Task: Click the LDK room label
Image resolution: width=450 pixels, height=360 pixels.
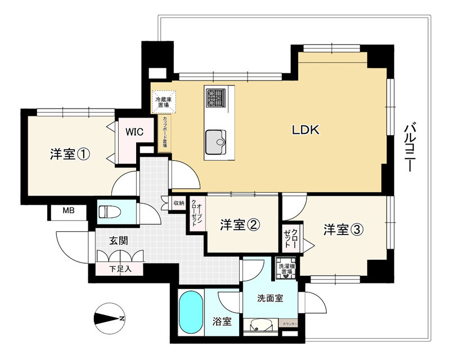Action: click(x=305, y=130)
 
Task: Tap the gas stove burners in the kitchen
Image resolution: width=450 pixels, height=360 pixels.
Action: click(x=215, y=98)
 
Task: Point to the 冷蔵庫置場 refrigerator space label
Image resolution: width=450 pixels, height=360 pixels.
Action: click(x=164, y=102)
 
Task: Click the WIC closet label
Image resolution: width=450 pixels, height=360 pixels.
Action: click(x=134, y=132)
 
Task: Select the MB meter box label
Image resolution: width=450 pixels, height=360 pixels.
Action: click(x=67, y=211)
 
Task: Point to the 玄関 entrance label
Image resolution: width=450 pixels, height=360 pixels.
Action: click(x=118, y=241)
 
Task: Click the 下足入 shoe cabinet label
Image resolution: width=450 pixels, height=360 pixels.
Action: click(x=120, y=269)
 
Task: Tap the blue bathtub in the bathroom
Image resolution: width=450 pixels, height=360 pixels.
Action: click(x=191, y=313)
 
